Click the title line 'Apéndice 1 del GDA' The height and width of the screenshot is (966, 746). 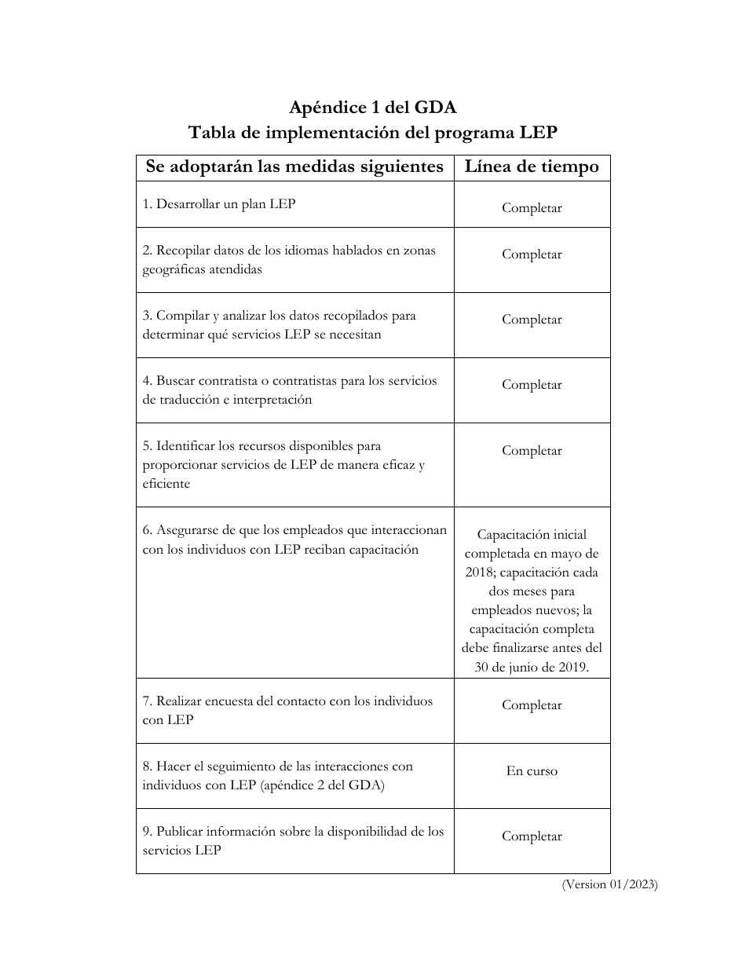pyautogui.click(x=372, y=108)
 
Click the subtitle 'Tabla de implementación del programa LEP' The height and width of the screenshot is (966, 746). pyautogui.click(x=372, y=133)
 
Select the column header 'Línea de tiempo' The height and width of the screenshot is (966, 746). pyautogui.click(x=532, y=167)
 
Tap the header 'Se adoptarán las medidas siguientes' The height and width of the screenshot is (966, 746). pyautogui.click(x=294, y=167)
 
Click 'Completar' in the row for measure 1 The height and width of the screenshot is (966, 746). pyautogui.click(x=532, y=208)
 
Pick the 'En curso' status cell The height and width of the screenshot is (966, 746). pyautogui.click(x=532, y=771)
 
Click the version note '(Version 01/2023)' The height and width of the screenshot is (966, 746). pyautogui.click(x=609, y=884)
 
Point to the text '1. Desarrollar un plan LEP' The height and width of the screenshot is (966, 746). pyautogui.click(x=219, y=204)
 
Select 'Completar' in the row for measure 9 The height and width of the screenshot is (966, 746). pyautogui.click(x=532, y=836)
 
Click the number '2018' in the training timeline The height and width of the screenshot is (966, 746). pyautogui.click(x=479, y=573)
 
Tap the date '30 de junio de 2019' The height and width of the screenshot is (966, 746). pyautogui.click(x=532, y=668)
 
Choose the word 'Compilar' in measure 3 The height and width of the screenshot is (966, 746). pyautogui.click(x=182, y=316)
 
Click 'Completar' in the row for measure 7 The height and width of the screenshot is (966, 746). pyautogui.click(x=532, y=705)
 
